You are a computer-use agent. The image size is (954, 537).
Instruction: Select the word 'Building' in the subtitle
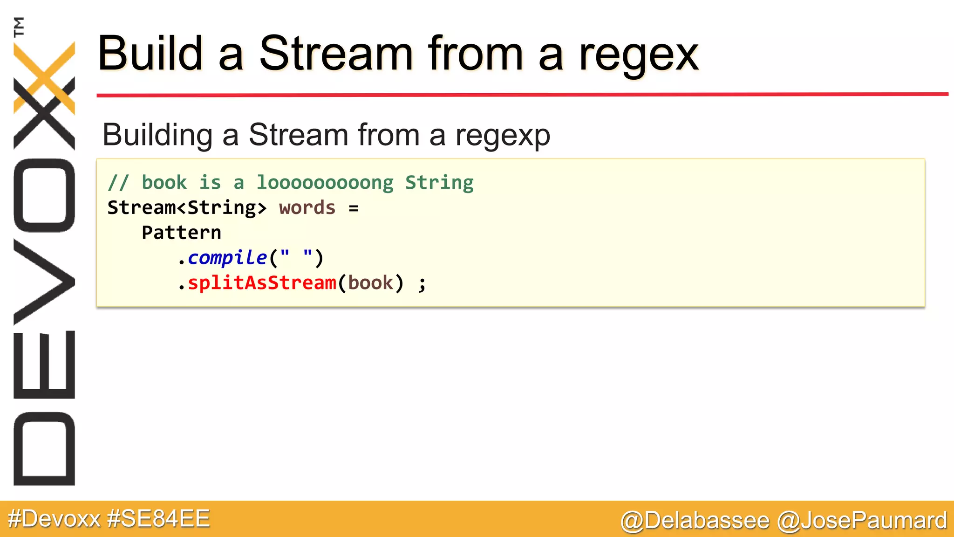[157, 135]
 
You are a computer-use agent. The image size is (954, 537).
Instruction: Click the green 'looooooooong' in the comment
[325, 183]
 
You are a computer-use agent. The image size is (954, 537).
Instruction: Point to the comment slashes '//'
[117, 183]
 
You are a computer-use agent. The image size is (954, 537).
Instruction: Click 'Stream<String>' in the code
[187, 208]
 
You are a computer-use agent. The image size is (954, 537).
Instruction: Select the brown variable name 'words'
[307, 208]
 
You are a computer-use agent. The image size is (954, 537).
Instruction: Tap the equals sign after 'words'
[354, 208]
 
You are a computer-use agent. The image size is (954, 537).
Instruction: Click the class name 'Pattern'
[181, 233]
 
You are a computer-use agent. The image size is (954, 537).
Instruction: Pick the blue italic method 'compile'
[227, 258]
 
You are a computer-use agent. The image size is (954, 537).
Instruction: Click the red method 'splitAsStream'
[262, 283]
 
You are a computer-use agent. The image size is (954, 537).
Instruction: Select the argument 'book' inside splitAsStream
[370, 283]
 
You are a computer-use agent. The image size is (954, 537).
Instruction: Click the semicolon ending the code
[422, 283]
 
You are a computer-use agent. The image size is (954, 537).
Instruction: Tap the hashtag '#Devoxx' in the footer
[55, 519]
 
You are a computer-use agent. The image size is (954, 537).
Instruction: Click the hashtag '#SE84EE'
[158, 519]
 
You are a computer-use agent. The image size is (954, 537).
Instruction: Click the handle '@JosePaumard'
[862, 520]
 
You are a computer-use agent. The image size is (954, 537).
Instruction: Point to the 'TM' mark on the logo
[19, 27]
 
